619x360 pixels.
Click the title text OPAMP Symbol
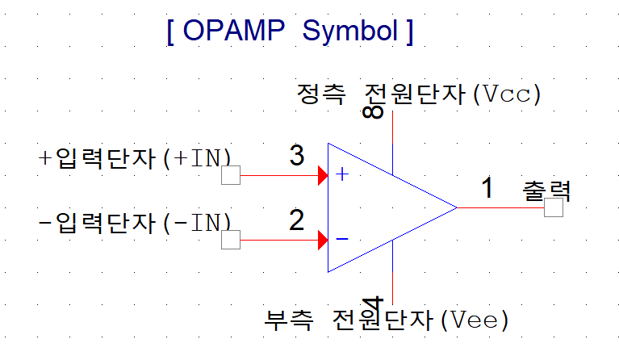(290, 31)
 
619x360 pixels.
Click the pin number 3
(297, 155)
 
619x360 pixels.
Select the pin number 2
(297, 220)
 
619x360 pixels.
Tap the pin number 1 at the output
(487, 187)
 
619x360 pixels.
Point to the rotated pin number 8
(373, 110)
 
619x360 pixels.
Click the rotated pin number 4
(373, 306)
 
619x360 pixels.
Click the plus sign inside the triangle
(342, 174)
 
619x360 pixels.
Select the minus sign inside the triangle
(342, 239)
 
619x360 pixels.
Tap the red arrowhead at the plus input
(323, 175)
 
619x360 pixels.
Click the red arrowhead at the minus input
(323, 240)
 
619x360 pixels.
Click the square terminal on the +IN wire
(231, 175)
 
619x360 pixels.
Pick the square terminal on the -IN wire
(231, 240)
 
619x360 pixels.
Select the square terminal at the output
(554, 207)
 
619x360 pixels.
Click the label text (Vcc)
(507, 94)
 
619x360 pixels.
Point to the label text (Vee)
(476, 320)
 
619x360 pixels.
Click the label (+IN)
(198, 157)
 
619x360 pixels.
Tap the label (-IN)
(198, 222)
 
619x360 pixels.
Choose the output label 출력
(547, 190)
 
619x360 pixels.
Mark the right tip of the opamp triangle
(457, 207)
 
